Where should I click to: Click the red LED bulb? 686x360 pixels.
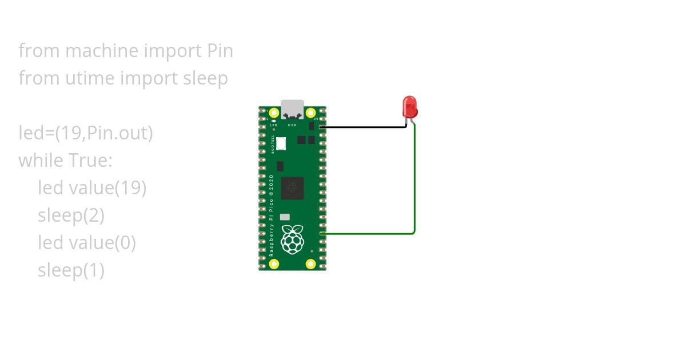pyautogui.click(x=410, y=107)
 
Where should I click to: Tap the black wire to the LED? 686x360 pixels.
pyautogui.click(x=366, y=127)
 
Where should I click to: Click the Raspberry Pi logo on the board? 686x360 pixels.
pyautogui.click(x=293, y=239)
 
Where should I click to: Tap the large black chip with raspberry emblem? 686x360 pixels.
pyautogui.click(x=292, y=188)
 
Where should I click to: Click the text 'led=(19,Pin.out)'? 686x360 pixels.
pyautogui.click(x=86, y=133)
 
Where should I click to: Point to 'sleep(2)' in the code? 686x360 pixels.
pyautogui.click(x=71, y=215)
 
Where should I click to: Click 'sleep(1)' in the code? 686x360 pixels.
pyautogui.click(x=71, y=270)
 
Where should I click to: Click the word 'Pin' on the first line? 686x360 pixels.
pyautogui.click(x=220, y=51)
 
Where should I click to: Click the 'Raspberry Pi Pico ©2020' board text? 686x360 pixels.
pyautogui.click(x=272, y=214)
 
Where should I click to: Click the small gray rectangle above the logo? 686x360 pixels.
pyautogui.click(x=285, y=217)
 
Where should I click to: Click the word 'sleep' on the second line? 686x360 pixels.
pyautogui.click(x=205, y=78)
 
